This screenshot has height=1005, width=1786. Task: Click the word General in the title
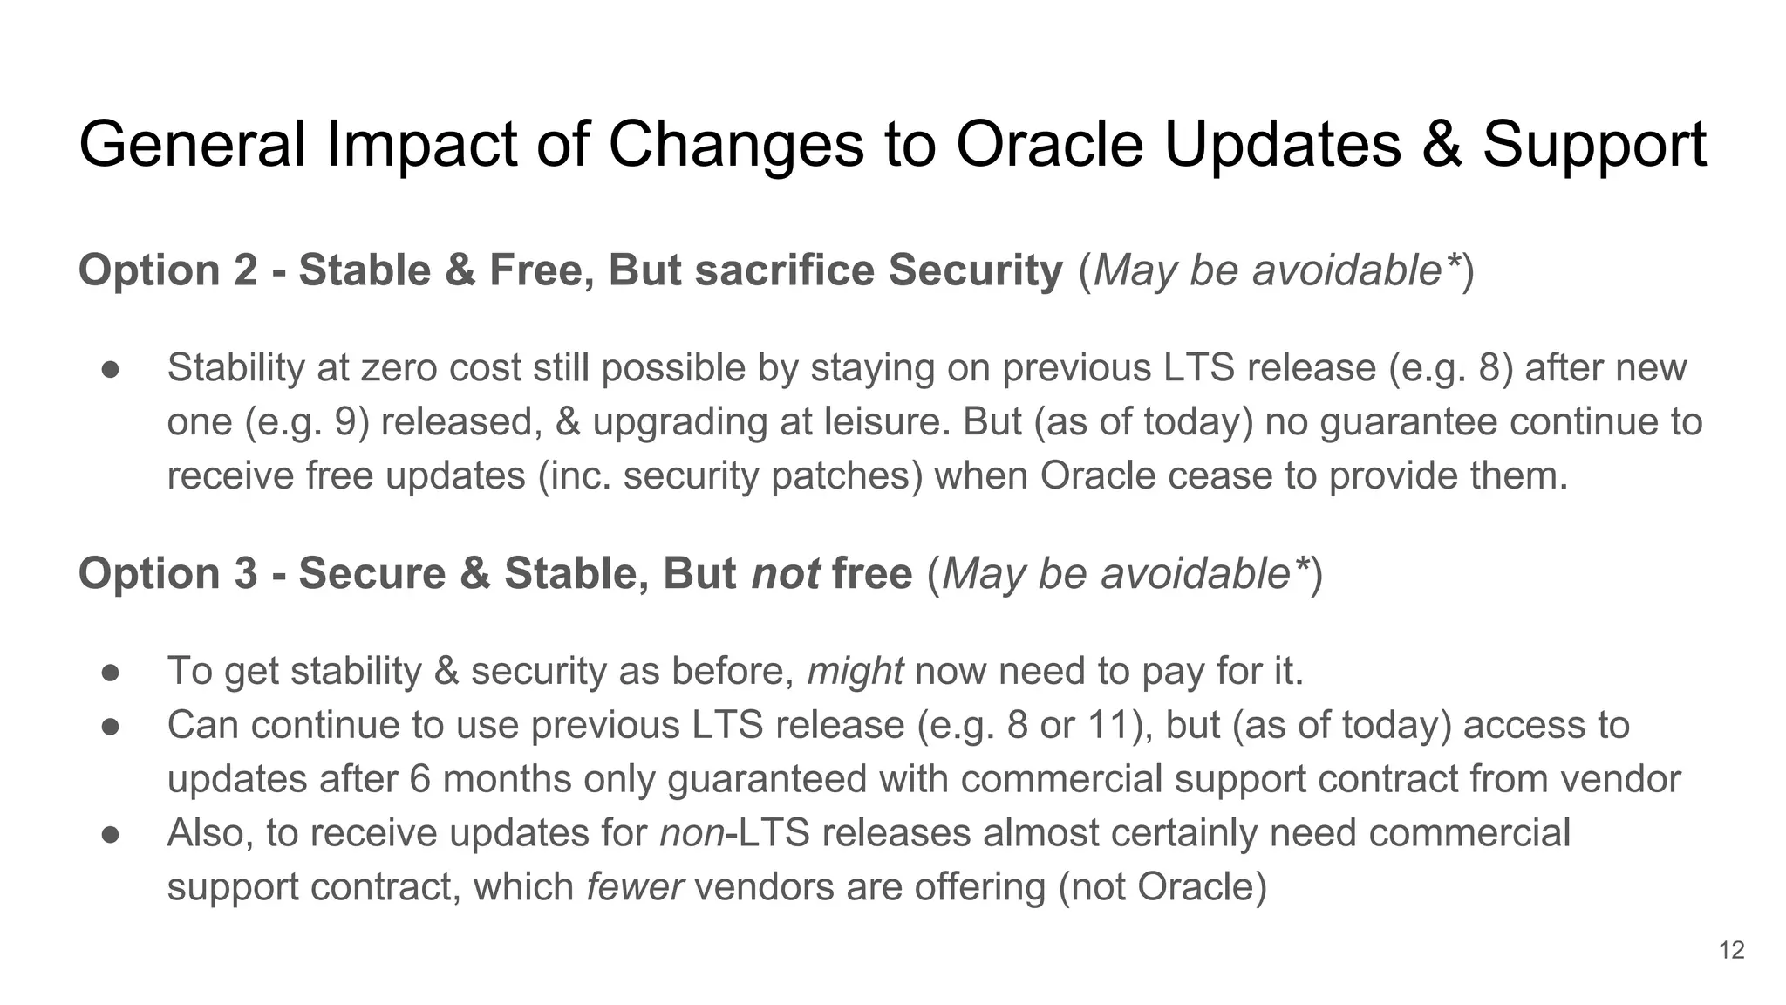point(192,145)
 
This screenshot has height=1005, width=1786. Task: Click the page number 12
point(1731,950)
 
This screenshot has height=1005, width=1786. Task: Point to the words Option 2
point(168,270)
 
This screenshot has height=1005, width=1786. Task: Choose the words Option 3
point(168,574)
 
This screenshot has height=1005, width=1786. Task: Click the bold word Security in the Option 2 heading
point(976,270)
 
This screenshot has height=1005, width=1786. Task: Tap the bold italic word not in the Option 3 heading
point(785,574)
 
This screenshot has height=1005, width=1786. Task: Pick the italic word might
point(855,672)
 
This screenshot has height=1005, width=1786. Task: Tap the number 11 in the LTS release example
point(1109,726)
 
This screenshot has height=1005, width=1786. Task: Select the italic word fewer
point(635,888)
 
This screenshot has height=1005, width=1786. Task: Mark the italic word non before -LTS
point(692,834)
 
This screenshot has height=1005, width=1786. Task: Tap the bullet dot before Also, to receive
point(110,834)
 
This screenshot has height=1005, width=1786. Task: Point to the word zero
point(400,368)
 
